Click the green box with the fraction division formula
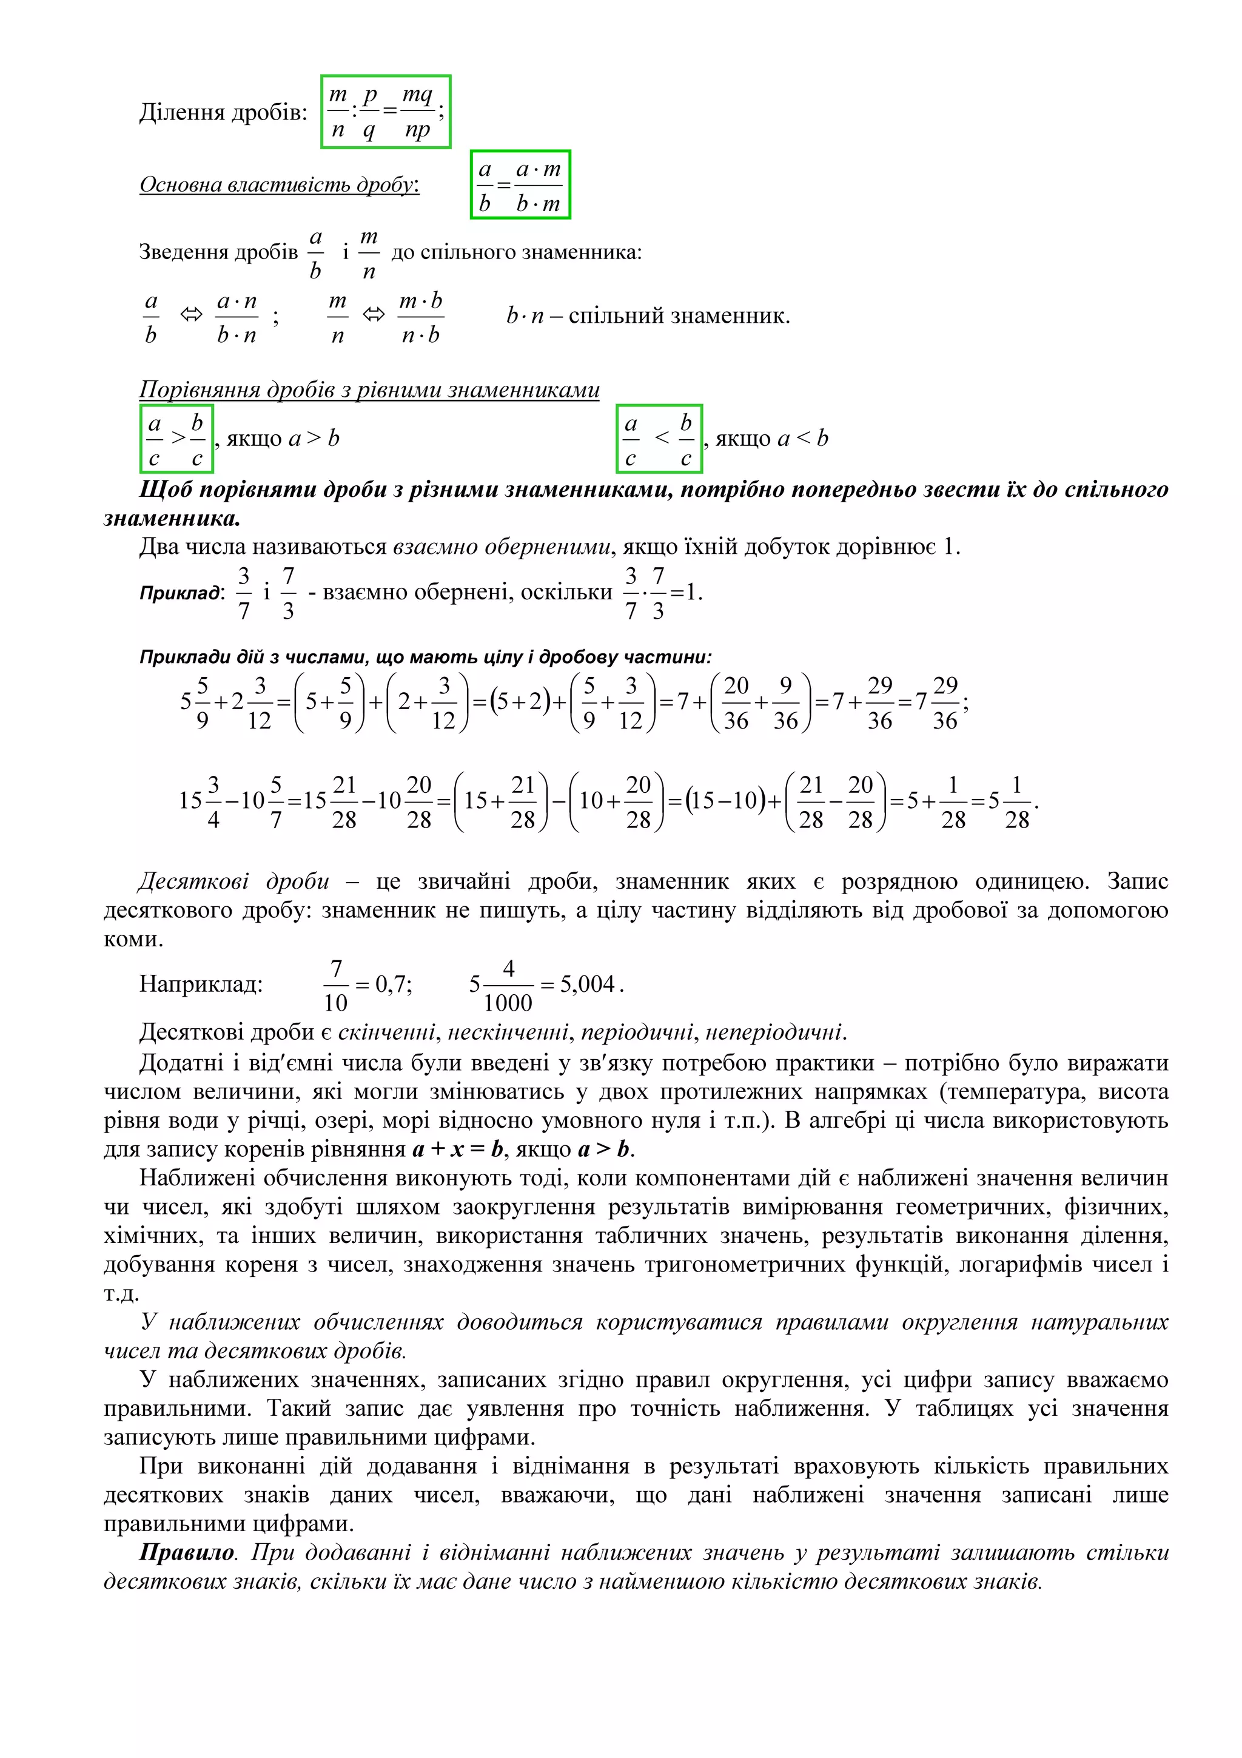pos(385,112)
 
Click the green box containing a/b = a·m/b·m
pos(520,184)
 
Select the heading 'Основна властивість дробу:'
pos(280,184)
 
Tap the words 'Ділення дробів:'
pos(223,113)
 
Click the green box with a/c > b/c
pos(176,439)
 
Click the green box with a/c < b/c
pos(658,439)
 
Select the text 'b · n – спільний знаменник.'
pos(648,315)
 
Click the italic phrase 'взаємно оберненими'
pos(502,547)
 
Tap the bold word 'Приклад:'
pos(181,593)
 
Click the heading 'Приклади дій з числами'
pos(425,657)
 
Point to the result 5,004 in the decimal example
pos(587,984)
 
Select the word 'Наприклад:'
pos(201,984)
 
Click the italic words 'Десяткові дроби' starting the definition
pos(234,881)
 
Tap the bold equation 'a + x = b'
pos(457,1150)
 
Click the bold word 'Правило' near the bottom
pos(187,1552)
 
